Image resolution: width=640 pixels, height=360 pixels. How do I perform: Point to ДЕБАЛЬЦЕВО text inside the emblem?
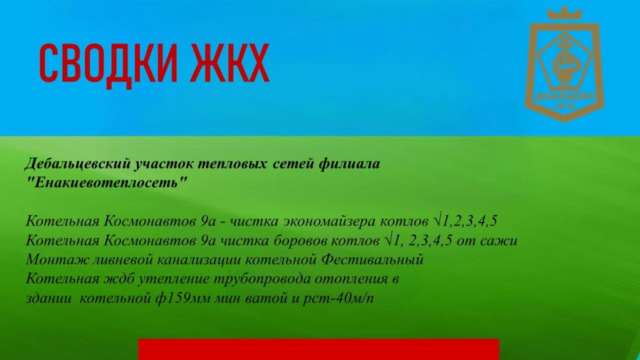565,98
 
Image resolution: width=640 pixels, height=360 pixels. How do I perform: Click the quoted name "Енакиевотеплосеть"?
108,182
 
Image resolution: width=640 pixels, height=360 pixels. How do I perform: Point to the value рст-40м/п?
338,299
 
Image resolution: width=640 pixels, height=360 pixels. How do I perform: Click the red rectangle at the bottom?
318,349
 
